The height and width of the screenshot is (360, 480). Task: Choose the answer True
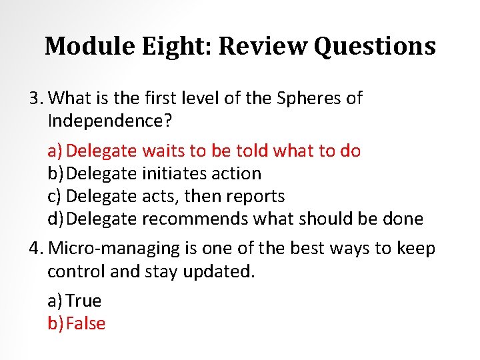click(84, 301)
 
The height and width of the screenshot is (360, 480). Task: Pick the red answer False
click(86, 323)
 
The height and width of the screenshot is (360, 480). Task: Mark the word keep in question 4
click(416, 249)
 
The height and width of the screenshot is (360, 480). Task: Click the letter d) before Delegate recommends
click(56, 219)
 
